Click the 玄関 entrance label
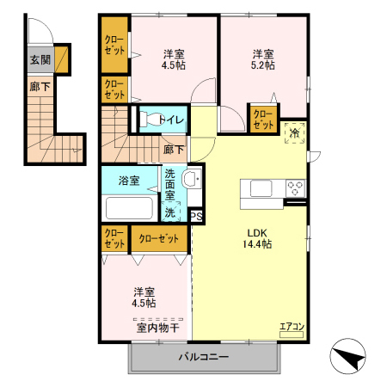(40, 59)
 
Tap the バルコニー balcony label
(203, 356)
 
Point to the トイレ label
(170, 120)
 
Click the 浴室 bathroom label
(130, 181)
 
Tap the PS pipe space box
(196, 216)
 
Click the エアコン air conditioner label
(292, 326)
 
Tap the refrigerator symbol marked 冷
(294, 132)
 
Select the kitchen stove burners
(295, 188)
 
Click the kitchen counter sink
(261, 188)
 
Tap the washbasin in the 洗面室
(193, 180)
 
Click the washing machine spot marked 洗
(170, 212)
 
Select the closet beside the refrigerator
(263, 118)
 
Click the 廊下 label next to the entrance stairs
(40, 86)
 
